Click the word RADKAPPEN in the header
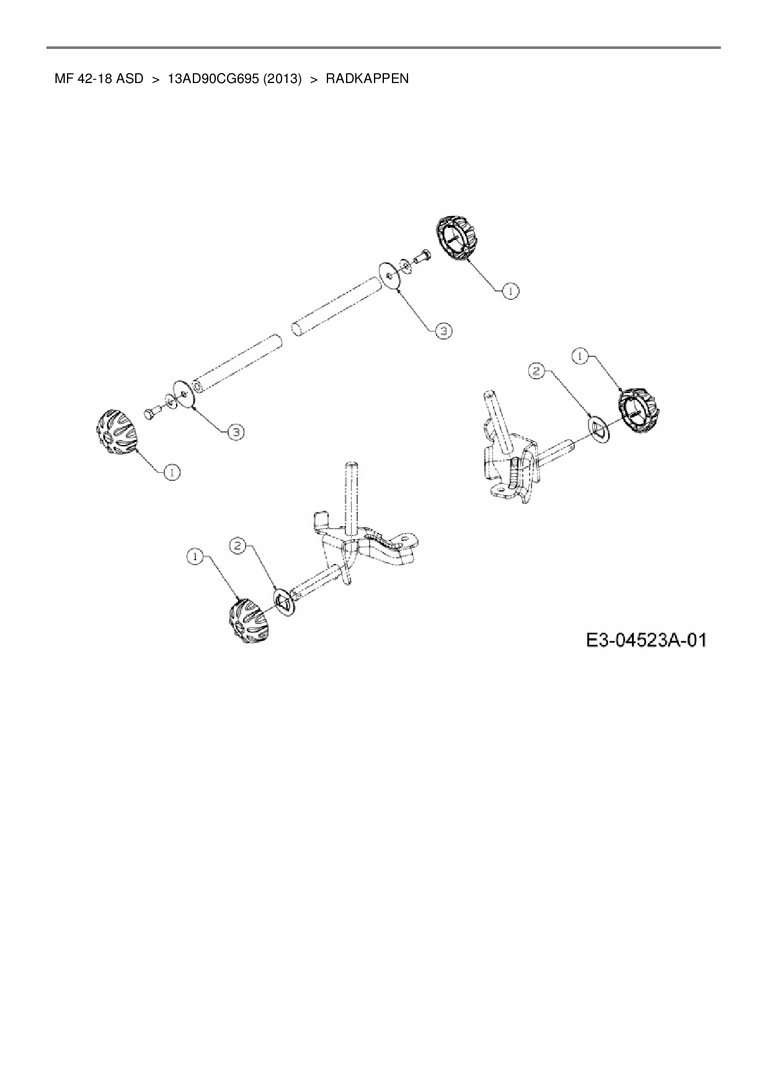(367, 79)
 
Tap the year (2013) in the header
(282, 79)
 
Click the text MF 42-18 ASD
(99, 79)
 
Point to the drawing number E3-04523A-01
(646, 639)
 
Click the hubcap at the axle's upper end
(457, 239)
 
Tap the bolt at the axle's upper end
(421, 255)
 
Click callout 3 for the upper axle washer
(442, 331)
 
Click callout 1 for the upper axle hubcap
(510, 290)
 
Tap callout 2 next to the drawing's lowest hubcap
(239, 545)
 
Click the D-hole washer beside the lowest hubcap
(285, 602)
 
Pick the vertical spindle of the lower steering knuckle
(352, 496)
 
